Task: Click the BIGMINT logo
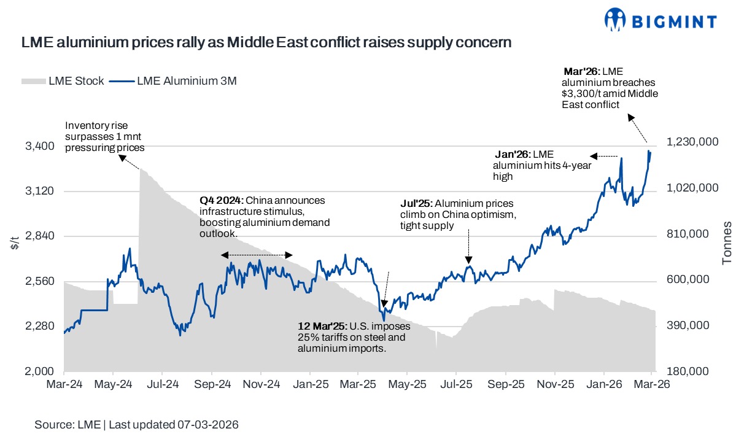click(659, 20)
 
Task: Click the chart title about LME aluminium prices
click(266, 43)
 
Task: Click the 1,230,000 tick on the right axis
click(692, 142)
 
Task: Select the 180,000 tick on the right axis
click(692, 371)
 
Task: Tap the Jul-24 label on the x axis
click(163, 384)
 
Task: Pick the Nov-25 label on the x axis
click(555, 384)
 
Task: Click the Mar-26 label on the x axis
click(653, 384)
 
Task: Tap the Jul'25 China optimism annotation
click(457, 214)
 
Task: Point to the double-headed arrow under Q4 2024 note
click(257, 255)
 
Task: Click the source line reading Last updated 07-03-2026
click(136, 425)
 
